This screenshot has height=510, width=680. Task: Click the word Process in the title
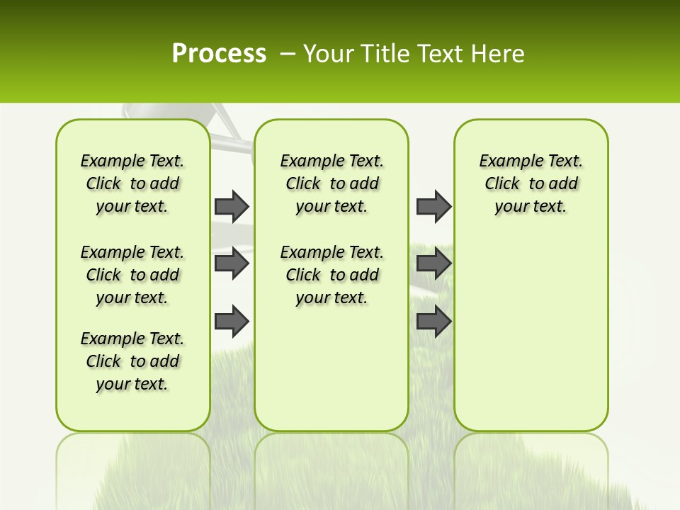[219, 53]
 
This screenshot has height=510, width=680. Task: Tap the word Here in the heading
[499, 53]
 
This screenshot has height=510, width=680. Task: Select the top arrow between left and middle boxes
[232, 206]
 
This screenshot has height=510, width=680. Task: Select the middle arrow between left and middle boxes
[232, 263]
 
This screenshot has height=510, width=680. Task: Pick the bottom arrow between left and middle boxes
[232, 322]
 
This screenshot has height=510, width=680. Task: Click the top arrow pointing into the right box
[433, 206]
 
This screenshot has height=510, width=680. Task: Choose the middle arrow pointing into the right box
[433, 263]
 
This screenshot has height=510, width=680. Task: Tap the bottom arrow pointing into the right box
[433, 322]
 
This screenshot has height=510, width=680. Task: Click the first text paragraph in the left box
[132, 183]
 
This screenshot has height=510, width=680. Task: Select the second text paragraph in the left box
[132, 275]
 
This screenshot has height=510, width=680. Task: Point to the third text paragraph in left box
[132, 361]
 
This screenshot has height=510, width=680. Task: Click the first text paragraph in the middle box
[331, 183]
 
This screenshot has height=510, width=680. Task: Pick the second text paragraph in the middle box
[331, 275]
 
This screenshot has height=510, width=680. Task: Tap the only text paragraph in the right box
[531, 183]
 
